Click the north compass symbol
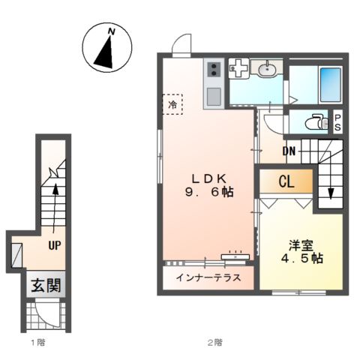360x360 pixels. tap(106, 46)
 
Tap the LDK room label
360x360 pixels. tap(209, 178)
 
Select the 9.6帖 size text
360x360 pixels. tap(209, 193)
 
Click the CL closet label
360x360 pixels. tap(286, 181)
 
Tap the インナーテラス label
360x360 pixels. tap(208, 277)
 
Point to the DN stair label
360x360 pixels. tap(289, 152)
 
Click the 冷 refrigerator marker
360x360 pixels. tap(172, 105)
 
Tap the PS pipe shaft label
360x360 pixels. tap(338, 121)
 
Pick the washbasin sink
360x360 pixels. tap(268, 70)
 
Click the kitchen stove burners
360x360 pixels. tap(212, 70)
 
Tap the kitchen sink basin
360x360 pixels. tap(213, 95)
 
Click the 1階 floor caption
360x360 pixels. tap(37, 343)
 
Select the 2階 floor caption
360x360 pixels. tap(214, 343)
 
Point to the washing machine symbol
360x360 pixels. tap(239, 70)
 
